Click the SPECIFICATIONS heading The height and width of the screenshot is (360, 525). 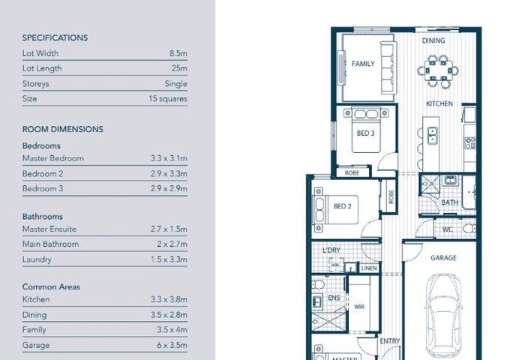55,37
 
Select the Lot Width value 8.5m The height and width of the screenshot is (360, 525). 178,53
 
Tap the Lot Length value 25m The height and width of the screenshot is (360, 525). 179,68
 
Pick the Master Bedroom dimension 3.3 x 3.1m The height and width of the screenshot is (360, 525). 169,158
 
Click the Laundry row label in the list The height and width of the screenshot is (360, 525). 37,259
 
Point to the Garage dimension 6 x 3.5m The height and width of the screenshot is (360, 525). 172,345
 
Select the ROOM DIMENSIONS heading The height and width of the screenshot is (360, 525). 62,129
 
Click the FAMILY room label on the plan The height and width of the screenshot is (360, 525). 363,64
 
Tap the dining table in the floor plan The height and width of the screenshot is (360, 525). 438,71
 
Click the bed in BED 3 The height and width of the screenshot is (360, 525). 366,130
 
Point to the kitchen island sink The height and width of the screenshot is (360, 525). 432,135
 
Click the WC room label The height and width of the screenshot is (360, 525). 447,229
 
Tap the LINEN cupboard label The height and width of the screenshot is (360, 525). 369,268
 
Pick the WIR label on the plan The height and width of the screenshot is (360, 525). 359,307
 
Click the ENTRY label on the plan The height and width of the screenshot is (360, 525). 390,341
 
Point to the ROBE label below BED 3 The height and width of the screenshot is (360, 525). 352,173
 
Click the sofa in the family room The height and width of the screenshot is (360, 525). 388,67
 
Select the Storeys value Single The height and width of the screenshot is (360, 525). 175,84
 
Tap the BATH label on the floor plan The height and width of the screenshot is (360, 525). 450,202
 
